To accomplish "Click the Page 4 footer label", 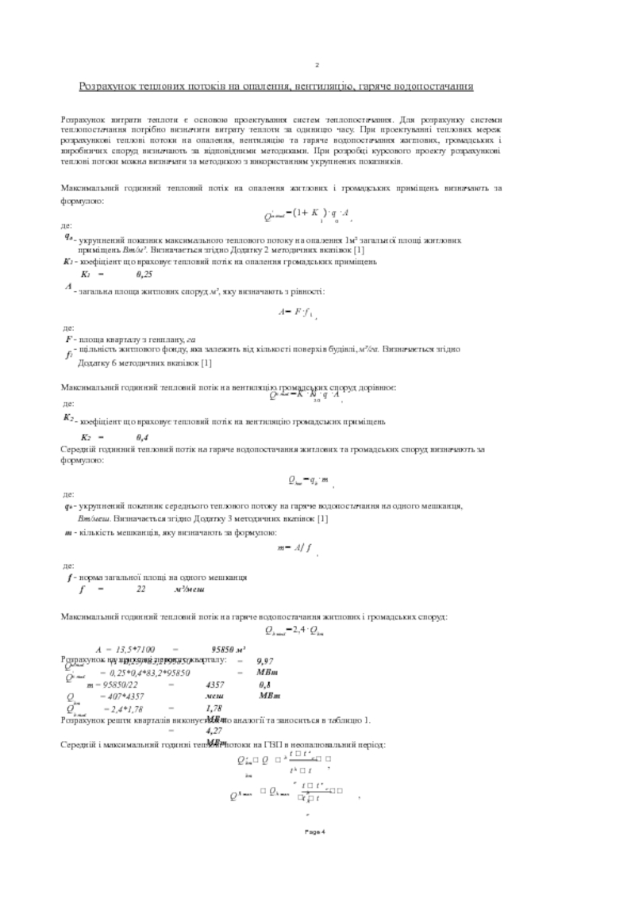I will pyautogui.click(x=317, y=831).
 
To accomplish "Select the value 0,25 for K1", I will pyautogui.click(x=144, y=273).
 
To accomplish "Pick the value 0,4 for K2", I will pyautogui.click(x=143, y=437).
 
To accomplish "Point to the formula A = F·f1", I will pyautogui.click(x=298, y=313).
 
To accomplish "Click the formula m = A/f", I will pyautogui.click(x=294, y=547).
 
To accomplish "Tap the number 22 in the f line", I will pyautogui.click(x=140, y=589).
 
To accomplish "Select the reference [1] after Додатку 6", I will pyautogui.click(x=206, y=363).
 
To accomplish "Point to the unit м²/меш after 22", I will pyautogui.click(x=190, y=589).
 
